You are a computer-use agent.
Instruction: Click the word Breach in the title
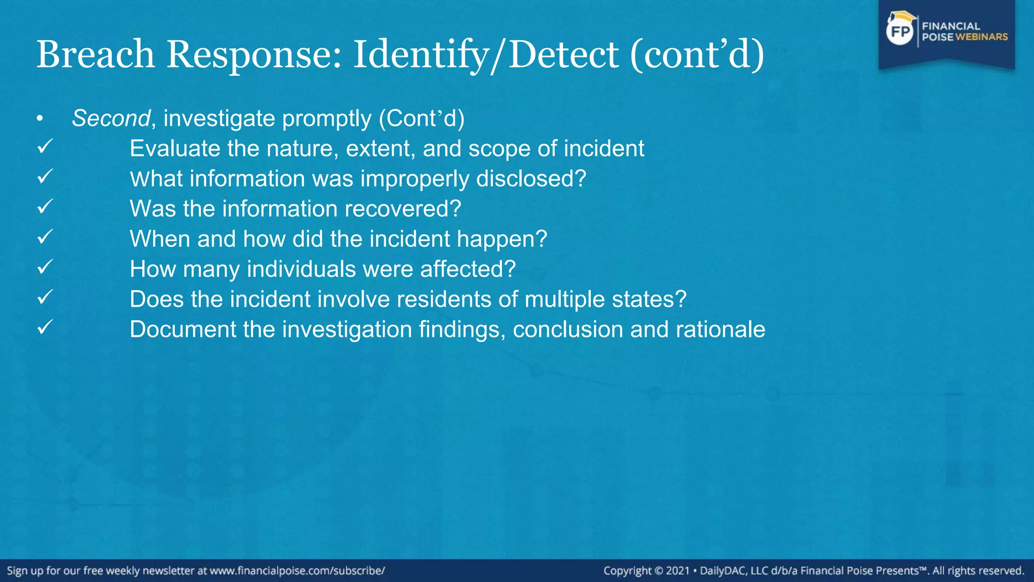pyautogui.click(x=95, y=55)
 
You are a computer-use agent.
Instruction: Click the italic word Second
pyautogui.click(x=111, y=119)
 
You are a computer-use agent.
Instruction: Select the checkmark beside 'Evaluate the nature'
pyautogui.click(x=45, y=147)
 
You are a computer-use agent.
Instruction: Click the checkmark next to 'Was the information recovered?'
pyautogui.click(x=45, y=207)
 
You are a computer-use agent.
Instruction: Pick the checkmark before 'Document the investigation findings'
pyautogui.click(x=45, y=327)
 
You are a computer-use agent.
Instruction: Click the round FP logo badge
pyautogui.click(x=900, y=32)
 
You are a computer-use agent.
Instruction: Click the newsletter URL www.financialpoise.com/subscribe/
pyautogui.click(x=297, y=571)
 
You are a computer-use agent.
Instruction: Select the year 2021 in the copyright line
pyautogui.click(x=678, y=571)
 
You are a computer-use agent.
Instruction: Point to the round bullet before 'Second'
pyautogui.click(x=40, y=119)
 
